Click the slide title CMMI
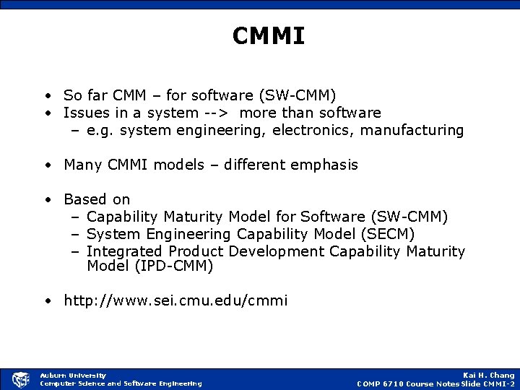269,36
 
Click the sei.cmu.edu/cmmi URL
175,300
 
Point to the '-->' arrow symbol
218,113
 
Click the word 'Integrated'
125,251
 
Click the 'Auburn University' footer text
73,375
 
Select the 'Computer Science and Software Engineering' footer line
121,383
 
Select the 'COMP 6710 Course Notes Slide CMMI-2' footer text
435,383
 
